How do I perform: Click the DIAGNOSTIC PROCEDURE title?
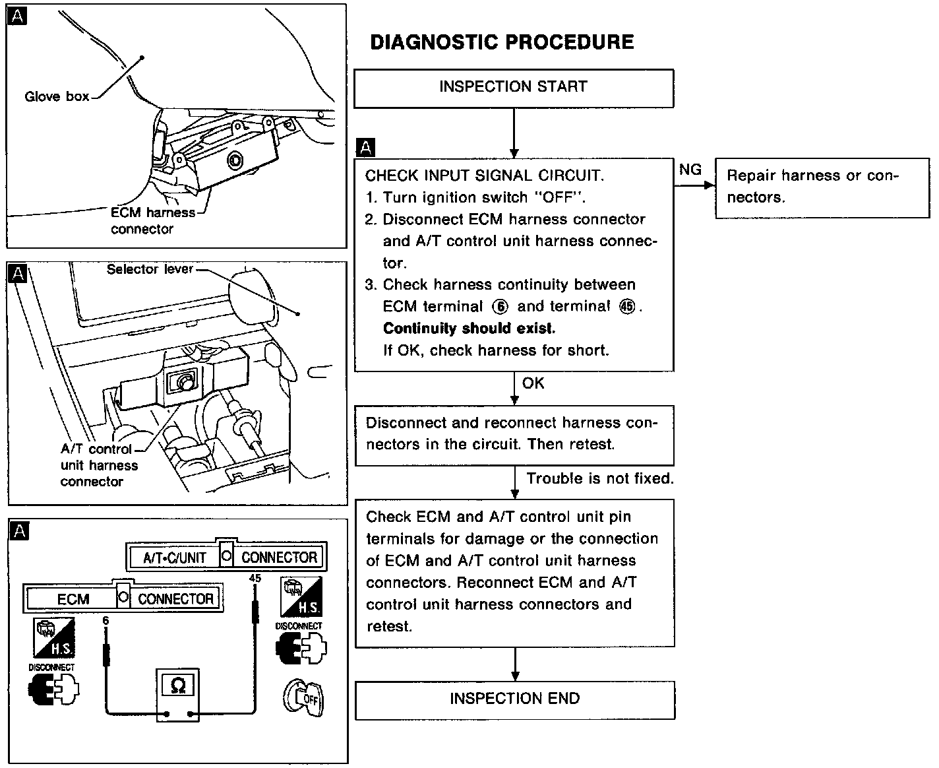coord(502,42)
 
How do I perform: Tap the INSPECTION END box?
coord(515,699)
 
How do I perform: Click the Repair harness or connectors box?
coord(822,187)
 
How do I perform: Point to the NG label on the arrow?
coord(690,170)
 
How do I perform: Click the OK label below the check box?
coord(533,383)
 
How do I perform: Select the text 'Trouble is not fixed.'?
coord(599,478)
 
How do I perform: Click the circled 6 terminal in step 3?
coord(500,307)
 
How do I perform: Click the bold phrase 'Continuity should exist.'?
coord(469,329)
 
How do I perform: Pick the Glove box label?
coord(57,97)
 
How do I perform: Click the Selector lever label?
coord(150,269)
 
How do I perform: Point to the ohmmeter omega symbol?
coord(178,686)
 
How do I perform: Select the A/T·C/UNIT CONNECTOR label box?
coord(226,558)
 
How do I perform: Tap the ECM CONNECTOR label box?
coord(123,598)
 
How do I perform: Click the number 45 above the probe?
coord(255,579)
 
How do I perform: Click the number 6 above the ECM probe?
coord(106,620)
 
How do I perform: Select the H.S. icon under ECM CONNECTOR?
coord(54,638)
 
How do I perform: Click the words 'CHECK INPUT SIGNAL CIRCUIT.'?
coord(484,176)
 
